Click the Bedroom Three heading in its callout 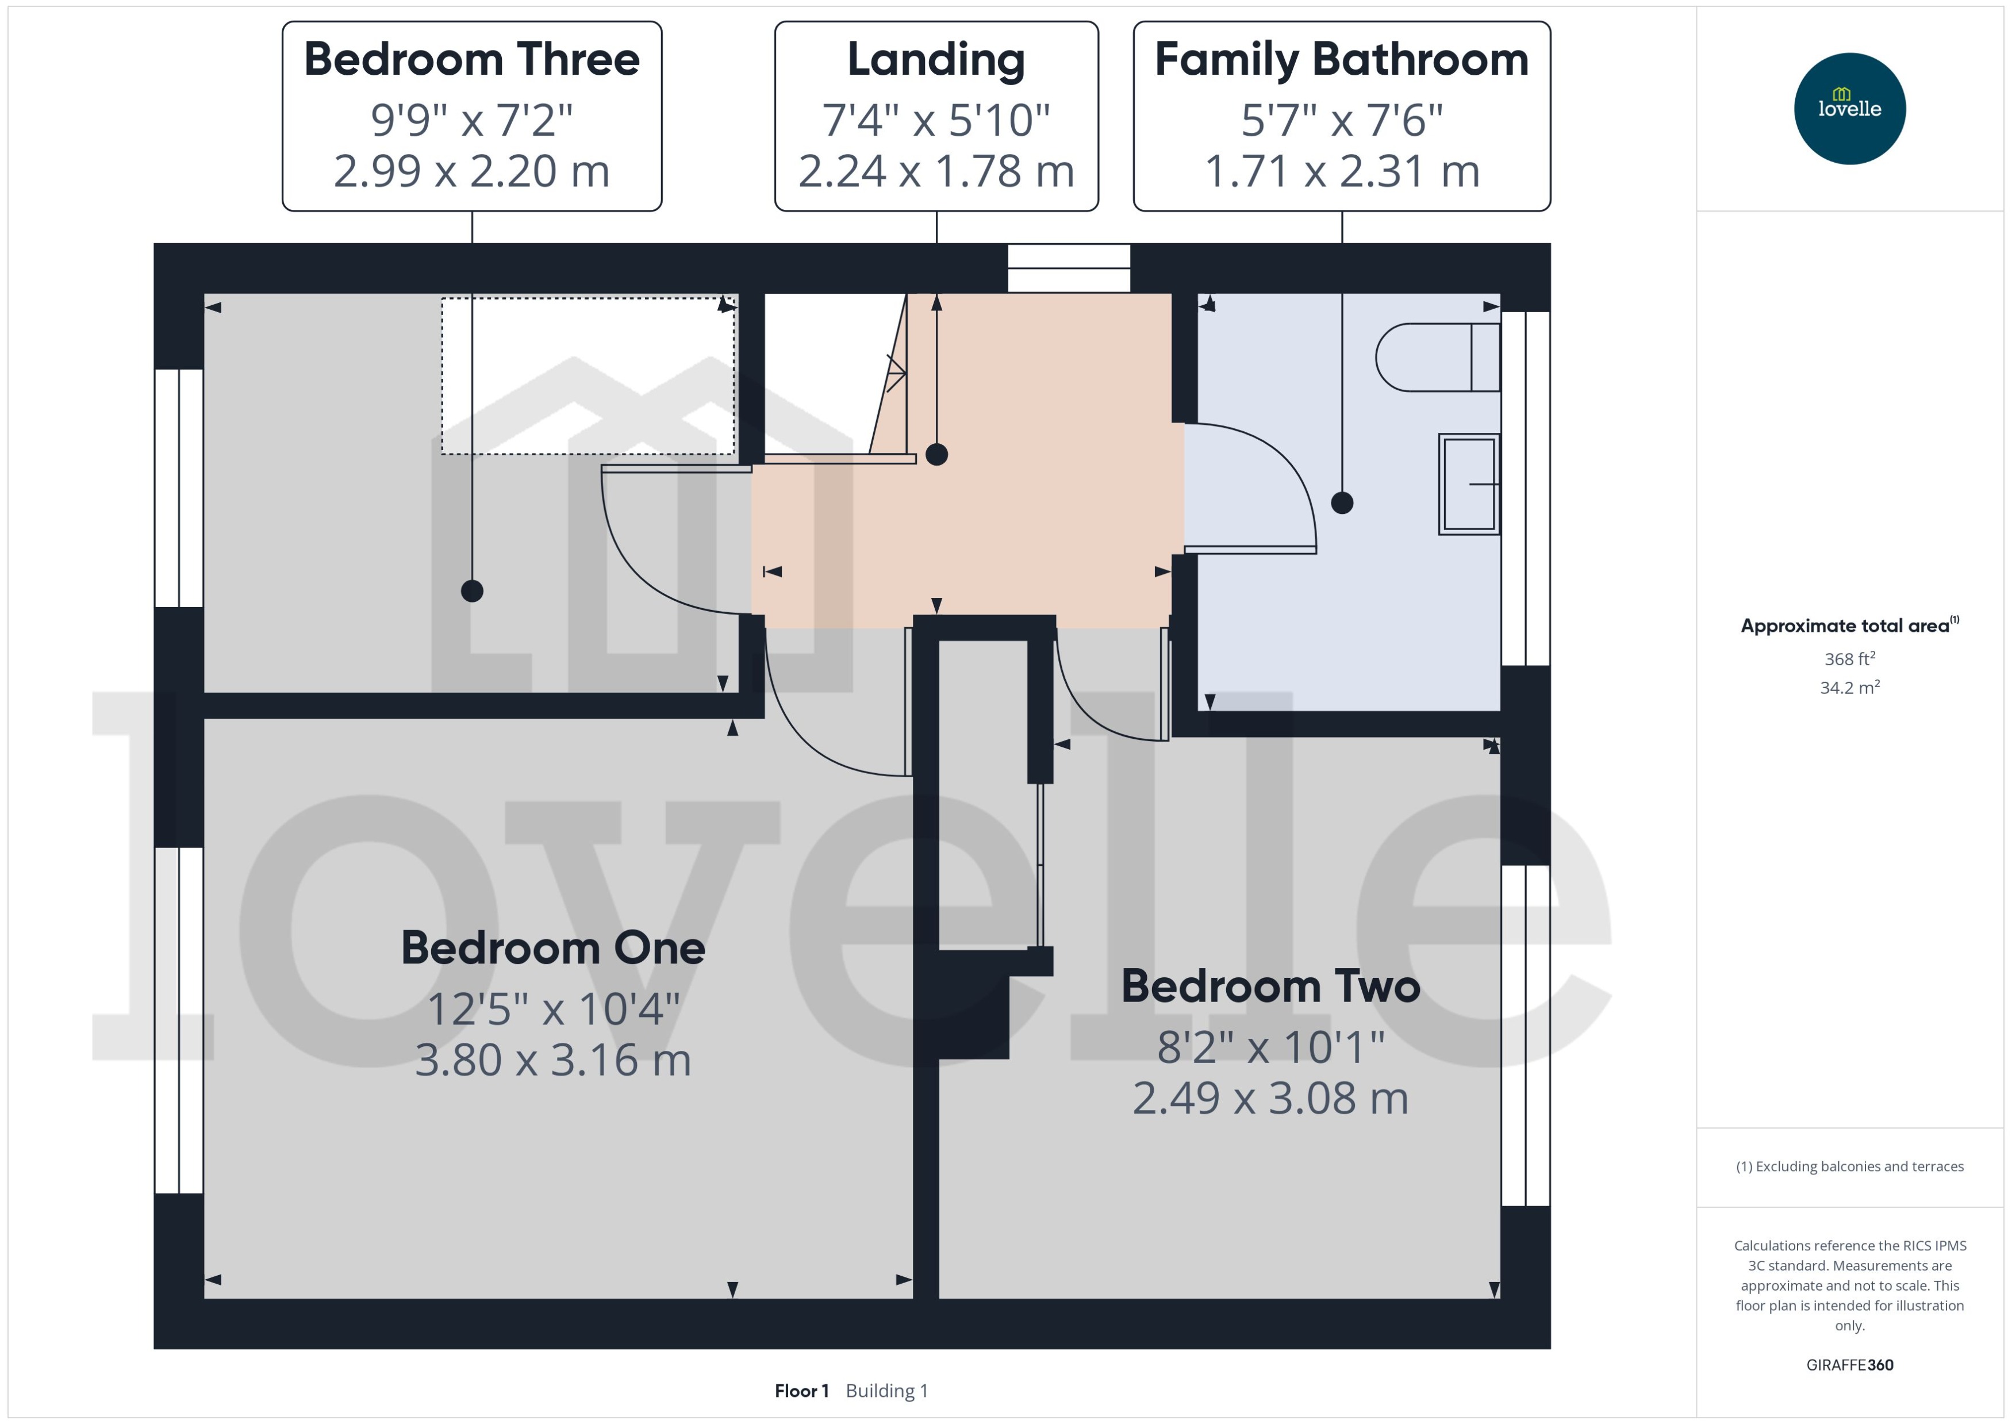click(x=471, y=60)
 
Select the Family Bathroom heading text click(x=1341, y=60)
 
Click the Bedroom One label click(x=553, y=948)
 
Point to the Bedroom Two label click(x=1270, y=985)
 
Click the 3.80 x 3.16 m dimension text click(x=553, y=1060)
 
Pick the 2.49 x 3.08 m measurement click(x=1270, y=1098)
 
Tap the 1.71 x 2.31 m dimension click(x=1341, y=171)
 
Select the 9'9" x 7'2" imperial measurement click(x=471, y=120)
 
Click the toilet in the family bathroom click(x=1436, y=357)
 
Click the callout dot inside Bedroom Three click(x=471, y=591)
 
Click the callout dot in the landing click(x=936, y=454)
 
